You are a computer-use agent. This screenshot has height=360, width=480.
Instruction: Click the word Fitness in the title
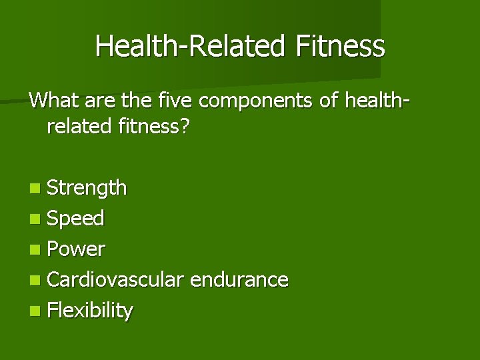tap(341, 47)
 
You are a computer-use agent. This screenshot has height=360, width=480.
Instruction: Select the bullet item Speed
tap(76, 219)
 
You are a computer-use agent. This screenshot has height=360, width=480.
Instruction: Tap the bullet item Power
tap(77, 249)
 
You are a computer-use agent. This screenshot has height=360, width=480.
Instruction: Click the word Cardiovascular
tap(115, 279)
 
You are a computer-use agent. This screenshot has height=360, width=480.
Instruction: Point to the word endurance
tap(239, 279)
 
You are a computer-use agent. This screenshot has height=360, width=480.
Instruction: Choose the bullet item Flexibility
tap(90, 310)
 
